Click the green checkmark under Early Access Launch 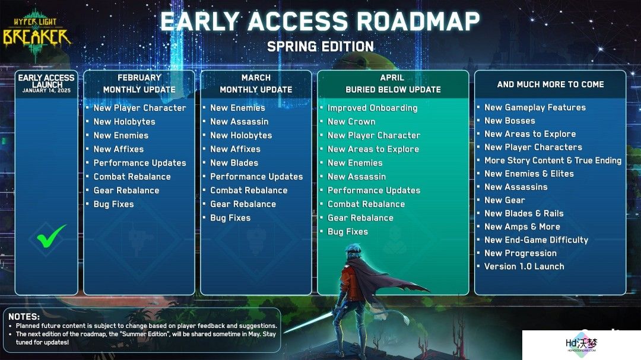50,236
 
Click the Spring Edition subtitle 320,47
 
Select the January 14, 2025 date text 46,91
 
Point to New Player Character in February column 140,108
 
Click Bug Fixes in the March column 230,218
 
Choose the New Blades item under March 234,163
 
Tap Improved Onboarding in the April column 372,108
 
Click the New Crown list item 351,122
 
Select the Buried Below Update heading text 393,90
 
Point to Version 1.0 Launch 524,266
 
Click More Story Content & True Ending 553,161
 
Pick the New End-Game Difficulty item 536,240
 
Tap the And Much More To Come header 550,84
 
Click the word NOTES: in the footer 24,317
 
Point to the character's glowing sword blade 309,323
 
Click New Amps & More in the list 522,227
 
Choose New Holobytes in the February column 124,122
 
